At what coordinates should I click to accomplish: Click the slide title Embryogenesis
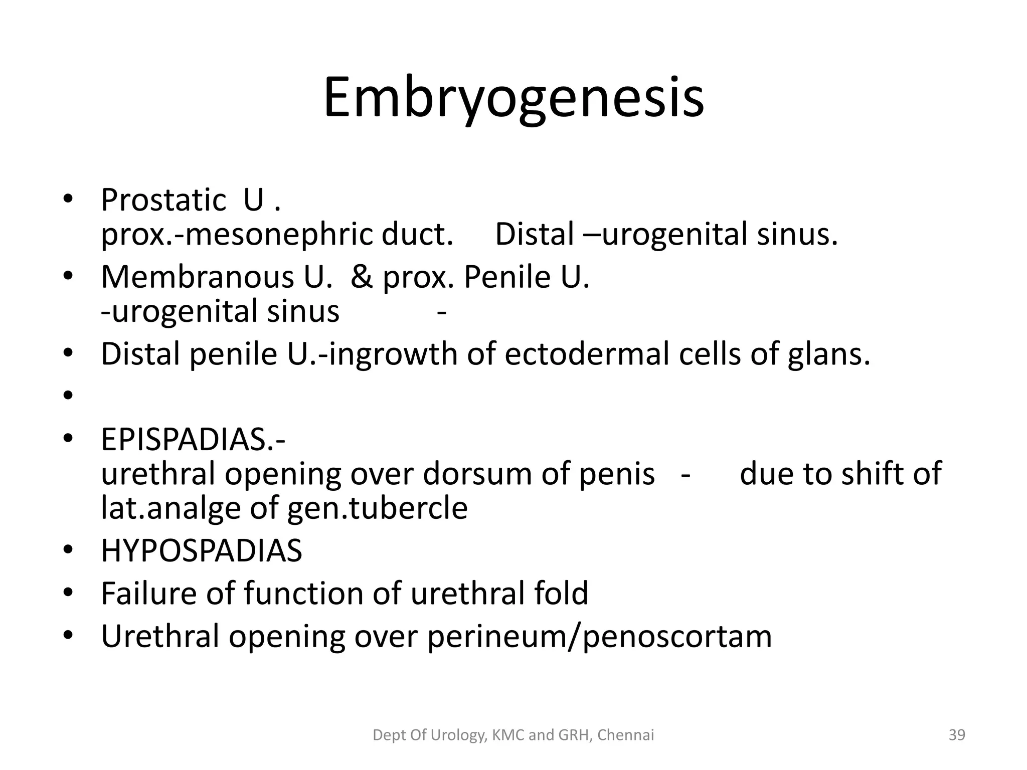[x=513, y=98]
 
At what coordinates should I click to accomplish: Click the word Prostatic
[x=163, y=201]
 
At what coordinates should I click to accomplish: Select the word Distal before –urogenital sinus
[x=535, y=235]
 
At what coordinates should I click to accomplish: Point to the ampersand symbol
[x=362, y=277]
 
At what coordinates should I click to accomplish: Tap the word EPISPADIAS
[x=193, y=440]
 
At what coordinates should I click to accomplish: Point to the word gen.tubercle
[x=377, y=508]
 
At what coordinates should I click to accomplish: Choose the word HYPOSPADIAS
[x=202, y=551]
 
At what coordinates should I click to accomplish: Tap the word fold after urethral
[x=561, y=594]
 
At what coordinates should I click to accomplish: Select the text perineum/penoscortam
[x=599, y=637]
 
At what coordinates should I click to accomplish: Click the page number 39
[x=957, y=735]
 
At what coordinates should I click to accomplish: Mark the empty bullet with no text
[x=68, y=397]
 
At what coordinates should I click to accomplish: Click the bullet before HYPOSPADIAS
[x=68, y=551]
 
